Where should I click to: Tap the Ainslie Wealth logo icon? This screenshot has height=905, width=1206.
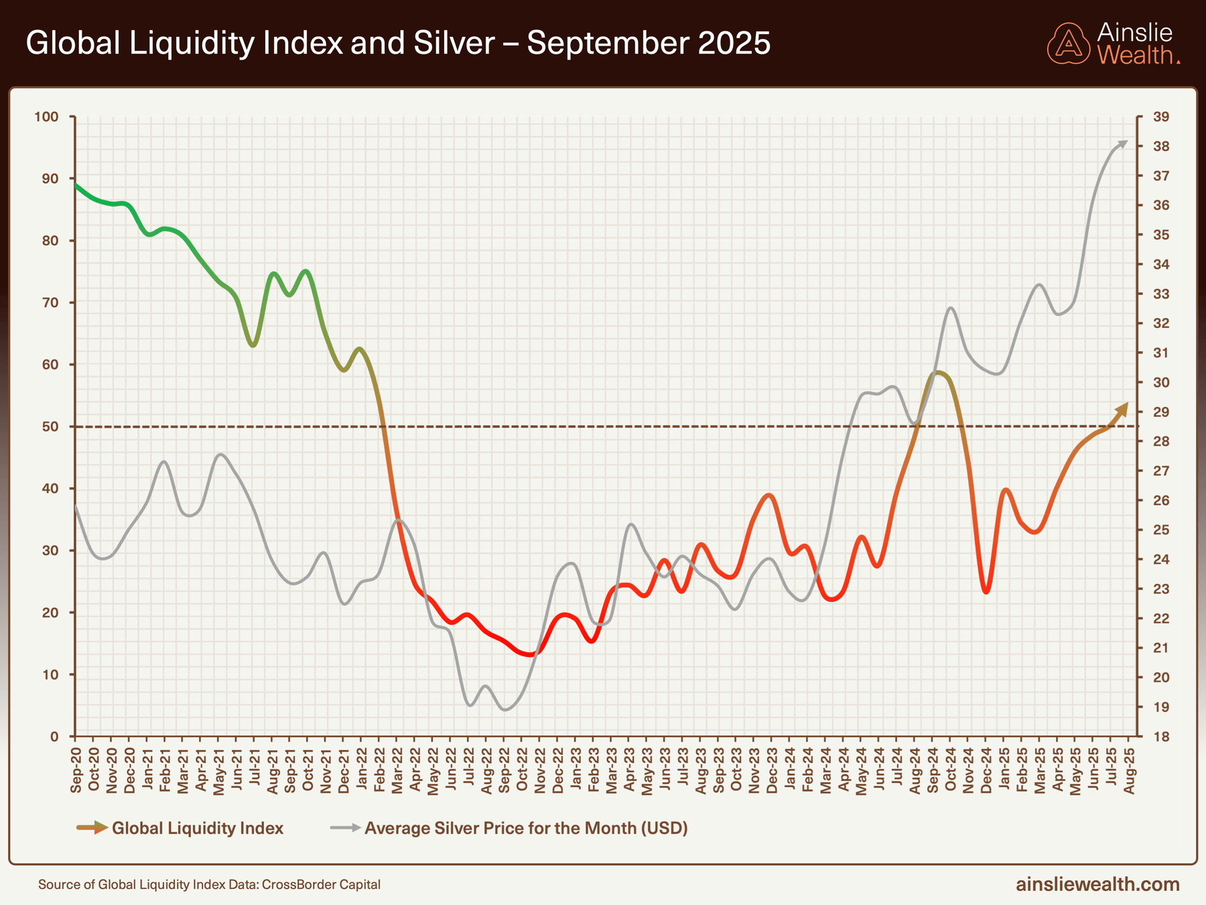[1069, 44]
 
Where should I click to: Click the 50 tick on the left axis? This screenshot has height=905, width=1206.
[50, 427]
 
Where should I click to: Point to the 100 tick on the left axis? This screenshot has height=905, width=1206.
[47, 117]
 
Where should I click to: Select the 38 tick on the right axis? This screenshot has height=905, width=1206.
[1161, 147]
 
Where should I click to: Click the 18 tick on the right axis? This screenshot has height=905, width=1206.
[1161, 737]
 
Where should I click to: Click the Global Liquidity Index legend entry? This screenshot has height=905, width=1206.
[197, 829]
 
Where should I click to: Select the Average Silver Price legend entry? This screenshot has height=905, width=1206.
[525, 829]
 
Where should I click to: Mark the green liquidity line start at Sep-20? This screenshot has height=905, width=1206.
[76, 184]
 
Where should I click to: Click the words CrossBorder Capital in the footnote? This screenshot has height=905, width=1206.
[321, 885]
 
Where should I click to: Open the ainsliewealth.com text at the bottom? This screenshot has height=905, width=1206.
[1097, 884]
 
